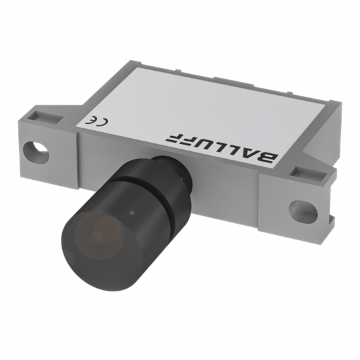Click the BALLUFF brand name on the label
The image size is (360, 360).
[x=222, y=148]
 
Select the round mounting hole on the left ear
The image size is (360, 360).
[x=36, y=152]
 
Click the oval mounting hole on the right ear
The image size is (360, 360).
[x=303, y=211]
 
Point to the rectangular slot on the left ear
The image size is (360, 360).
[x=45, y=117]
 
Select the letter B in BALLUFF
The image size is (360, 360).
[x=267, y=157]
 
